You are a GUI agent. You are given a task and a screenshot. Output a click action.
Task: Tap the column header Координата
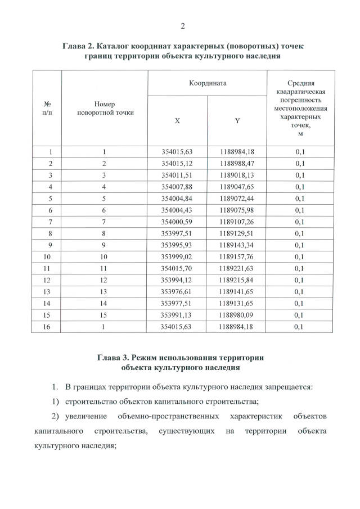[207, 83]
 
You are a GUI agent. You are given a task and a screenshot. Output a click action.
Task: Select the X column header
[177, 121]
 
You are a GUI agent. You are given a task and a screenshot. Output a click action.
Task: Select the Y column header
[237, 121]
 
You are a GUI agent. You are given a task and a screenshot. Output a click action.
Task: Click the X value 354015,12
[177, 163]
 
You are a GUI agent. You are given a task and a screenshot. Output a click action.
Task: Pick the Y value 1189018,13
[237, 175]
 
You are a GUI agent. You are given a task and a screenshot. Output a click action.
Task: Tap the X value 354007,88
[177, 187]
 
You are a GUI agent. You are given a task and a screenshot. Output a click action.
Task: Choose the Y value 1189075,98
[237, 210]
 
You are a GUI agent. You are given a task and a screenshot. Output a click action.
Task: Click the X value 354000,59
[177, 222]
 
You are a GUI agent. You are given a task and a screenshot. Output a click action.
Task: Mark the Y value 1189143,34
[237, 245]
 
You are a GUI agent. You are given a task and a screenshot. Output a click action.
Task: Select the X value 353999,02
[177, 256]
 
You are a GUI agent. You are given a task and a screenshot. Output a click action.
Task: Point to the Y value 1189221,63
[237, 268]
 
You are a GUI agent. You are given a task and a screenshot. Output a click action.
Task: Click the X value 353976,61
[177, 291]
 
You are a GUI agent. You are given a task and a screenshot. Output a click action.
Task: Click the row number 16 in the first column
[51, 326]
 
